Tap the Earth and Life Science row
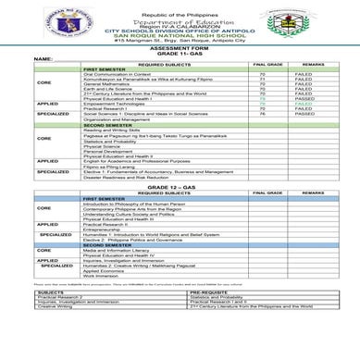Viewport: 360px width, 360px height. [x=107, y=89]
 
